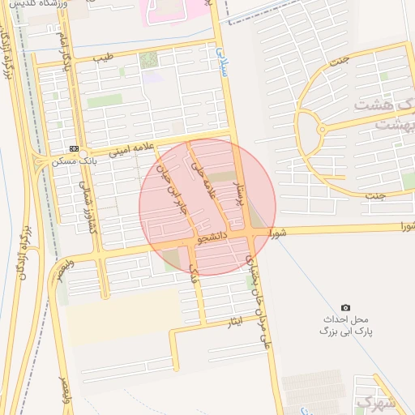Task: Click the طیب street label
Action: click(x=104, y=58)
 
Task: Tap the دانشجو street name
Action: click(x=211, y=239)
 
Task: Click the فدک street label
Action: click(x=194, y=275)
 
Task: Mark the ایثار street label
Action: click(x=234, y=323)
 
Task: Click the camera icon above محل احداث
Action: click(x=346, y=308)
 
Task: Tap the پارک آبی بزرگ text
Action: click(x=340, y=332)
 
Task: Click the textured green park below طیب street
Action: click(x=148, y=60)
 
